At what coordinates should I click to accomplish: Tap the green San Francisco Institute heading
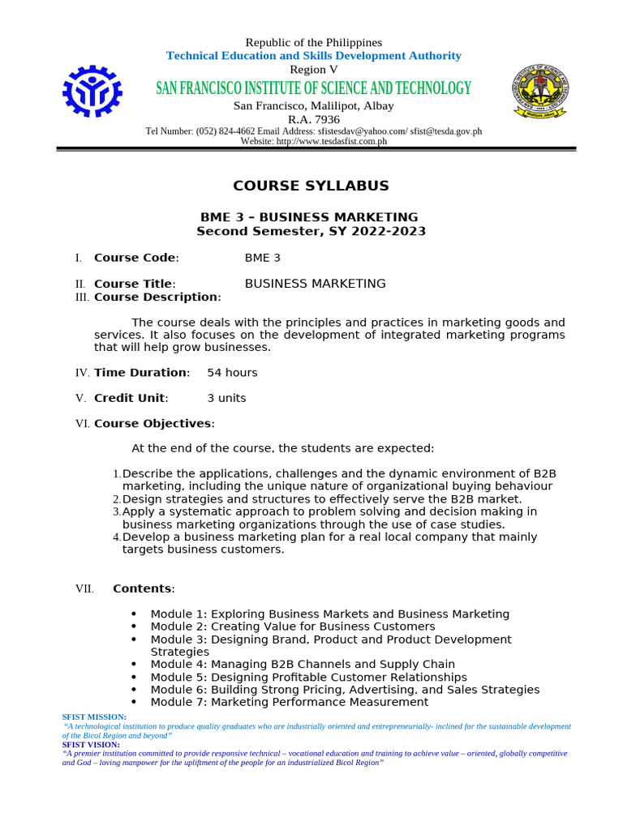tap(313, 88)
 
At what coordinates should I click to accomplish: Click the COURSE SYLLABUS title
tap(311, 186)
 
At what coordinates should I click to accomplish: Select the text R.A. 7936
tap(313, 119)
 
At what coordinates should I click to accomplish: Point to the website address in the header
tap(313, 141)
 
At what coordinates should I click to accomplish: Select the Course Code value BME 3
tap(263, 258)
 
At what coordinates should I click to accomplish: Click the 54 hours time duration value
tap(232, 373)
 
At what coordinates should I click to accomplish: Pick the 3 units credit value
tap(226, 398)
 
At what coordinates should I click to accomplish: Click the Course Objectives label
tap(153, 423)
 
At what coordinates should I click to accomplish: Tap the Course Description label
tap(157, 297)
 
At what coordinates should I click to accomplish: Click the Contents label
tap(142, 588)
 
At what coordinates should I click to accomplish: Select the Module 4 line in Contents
tap(303, 665)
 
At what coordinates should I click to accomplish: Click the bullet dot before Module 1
tap(134, 614)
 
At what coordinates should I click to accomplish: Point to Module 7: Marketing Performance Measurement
tap(289, 702)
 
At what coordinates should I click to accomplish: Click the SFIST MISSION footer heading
tap(94, 717)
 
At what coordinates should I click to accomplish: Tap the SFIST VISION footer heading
tap(91, 744)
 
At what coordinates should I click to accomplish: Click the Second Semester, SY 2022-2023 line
tap(311, 231)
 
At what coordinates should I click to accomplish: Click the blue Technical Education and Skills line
tap(313, 56)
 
